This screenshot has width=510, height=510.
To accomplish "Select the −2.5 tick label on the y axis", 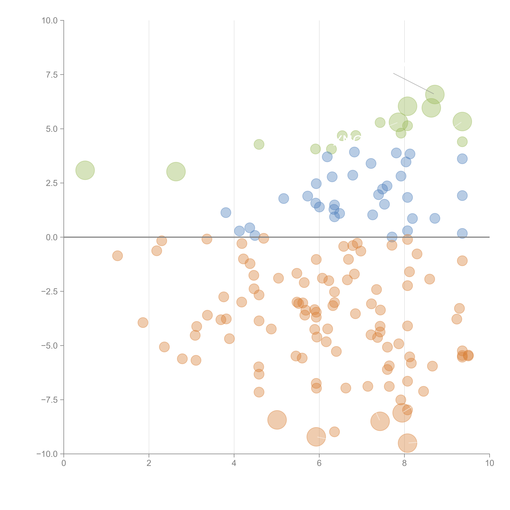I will tap(49, 291).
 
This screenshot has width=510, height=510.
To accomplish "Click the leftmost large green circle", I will tap(85, 170).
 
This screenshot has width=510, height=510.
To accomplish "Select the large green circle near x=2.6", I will tap(176, 172).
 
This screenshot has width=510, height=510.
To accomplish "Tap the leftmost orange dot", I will tap(118, 256).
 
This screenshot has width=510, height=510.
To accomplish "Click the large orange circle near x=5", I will tap(277, 420).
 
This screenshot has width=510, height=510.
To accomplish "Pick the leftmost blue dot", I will tap(226, 212).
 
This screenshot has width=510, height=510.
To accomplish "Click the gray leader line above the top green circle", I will tap(413, 83).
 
